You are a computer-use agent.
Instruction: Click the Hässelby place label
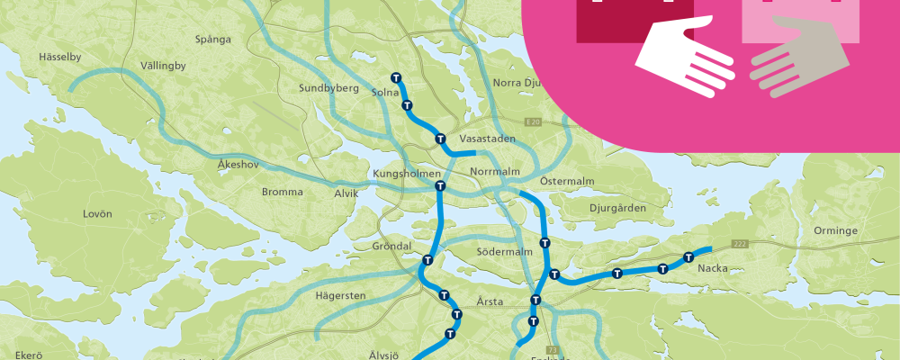click(60, 57)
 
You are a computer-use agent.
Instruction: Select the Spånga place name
click(213, 39)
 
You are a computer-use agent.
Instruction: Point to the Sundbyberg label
click(329, 88)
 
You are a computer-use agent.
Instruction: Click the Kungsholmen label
click(407, 173)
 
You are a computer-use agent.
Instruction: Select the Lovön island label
click(97, 214)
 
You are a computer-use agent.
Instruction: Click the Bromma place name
click(282, 192)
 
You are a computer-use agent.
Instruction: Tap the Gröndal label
click(391, 246)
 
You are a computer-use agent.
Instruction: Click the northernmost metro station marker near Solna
click(395, 78)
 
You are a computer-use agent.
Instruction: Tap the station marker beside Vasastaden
click(440, 139)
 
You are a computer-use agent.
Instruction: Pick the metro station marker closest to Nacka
click(688, 257)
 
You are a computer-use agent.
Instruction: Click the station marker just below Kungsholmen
click(440, 186)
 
